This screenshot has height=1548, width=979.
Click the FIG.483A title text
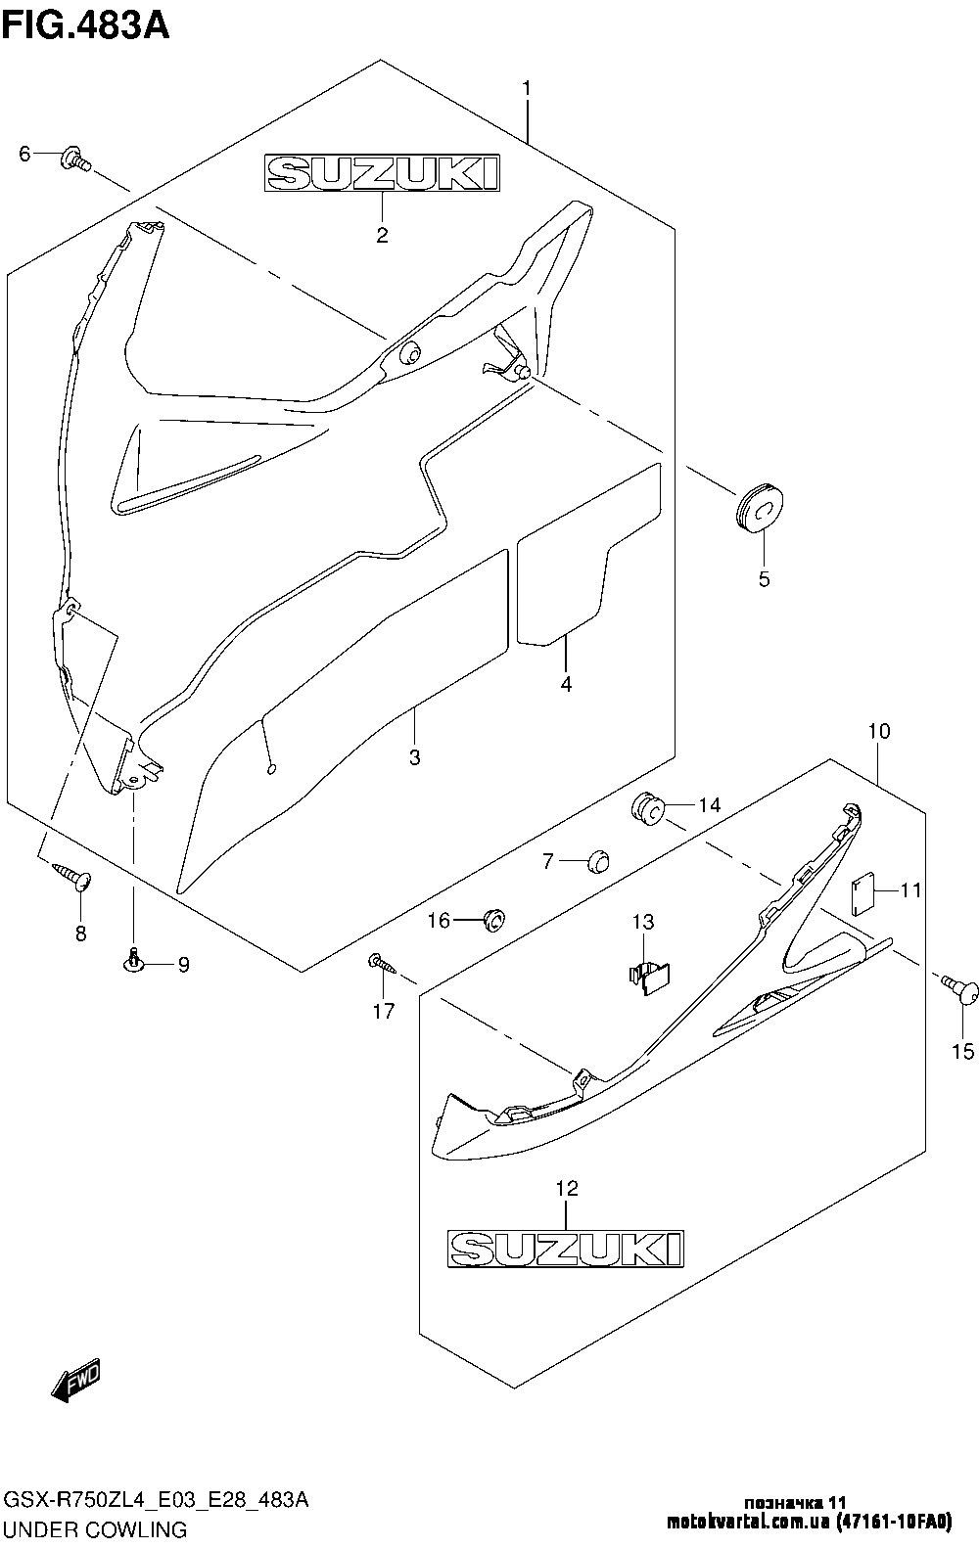(x=86, y=23)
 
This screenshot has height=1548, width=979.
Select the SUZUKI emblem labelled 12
(x=565, y=1248)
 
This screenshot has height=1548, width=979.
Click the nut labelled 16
(x=494, y=920)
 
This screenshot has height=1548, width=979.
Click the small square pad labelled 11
(x=862, y=892)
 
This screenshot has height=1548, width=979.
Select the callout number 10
(x=877, y=731)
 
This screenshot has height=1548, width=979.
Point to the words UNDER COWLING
(x=96, y=1528)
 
